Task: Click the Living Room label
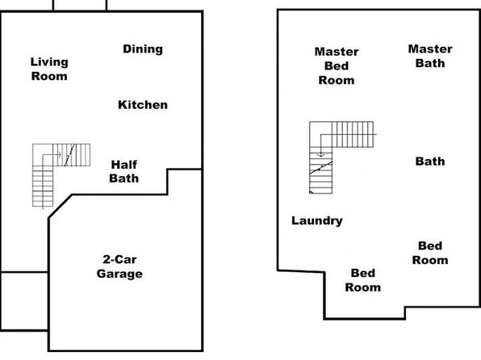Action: (x=49, y=69)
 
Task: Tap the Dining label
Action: (x=143, y=49)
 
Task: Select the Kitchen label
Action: (x=143, y=105)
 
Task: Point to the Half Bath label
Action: (x=124, y=171)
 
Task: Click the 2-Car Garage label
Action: (x=119, y=266)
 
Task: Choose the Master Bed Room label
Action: (x=337, y=65)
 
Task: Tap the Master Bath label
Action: (x=430, y=56)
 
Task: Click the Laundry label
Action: (x=317, y=220)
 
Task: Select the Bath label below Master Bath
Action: (x=430, y=161)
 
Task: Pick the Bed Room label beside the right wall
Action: (x=430, y=253)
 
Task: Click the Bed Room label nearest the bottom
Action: (x=363, y=280)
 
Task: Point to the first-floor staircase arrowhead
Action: (x=60, y=155)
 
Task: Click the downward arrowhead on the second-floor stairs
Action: (x=320, y=155)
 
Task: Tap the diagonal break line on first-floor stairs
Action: (x=69, y=155)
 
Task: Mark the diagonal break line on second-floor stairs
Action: (x=321, y=168)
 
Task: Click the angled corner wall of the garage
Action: (x=60, y=207)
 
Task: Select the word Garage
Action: (x=119, y=274)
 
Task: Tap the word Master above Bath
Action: (x=430, y=48)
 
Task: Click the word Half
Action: (x=124, y=165)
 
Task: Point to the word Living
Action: (x=49, y=62)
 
